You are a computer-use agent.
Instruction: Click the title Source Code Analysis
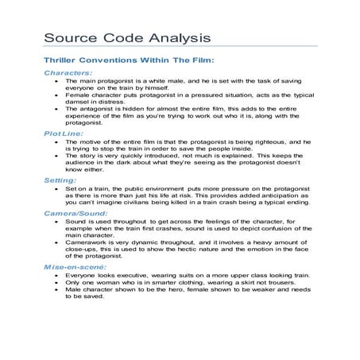point(126,37)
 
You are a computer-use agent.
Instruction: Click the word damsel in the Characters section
point(79,104)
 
